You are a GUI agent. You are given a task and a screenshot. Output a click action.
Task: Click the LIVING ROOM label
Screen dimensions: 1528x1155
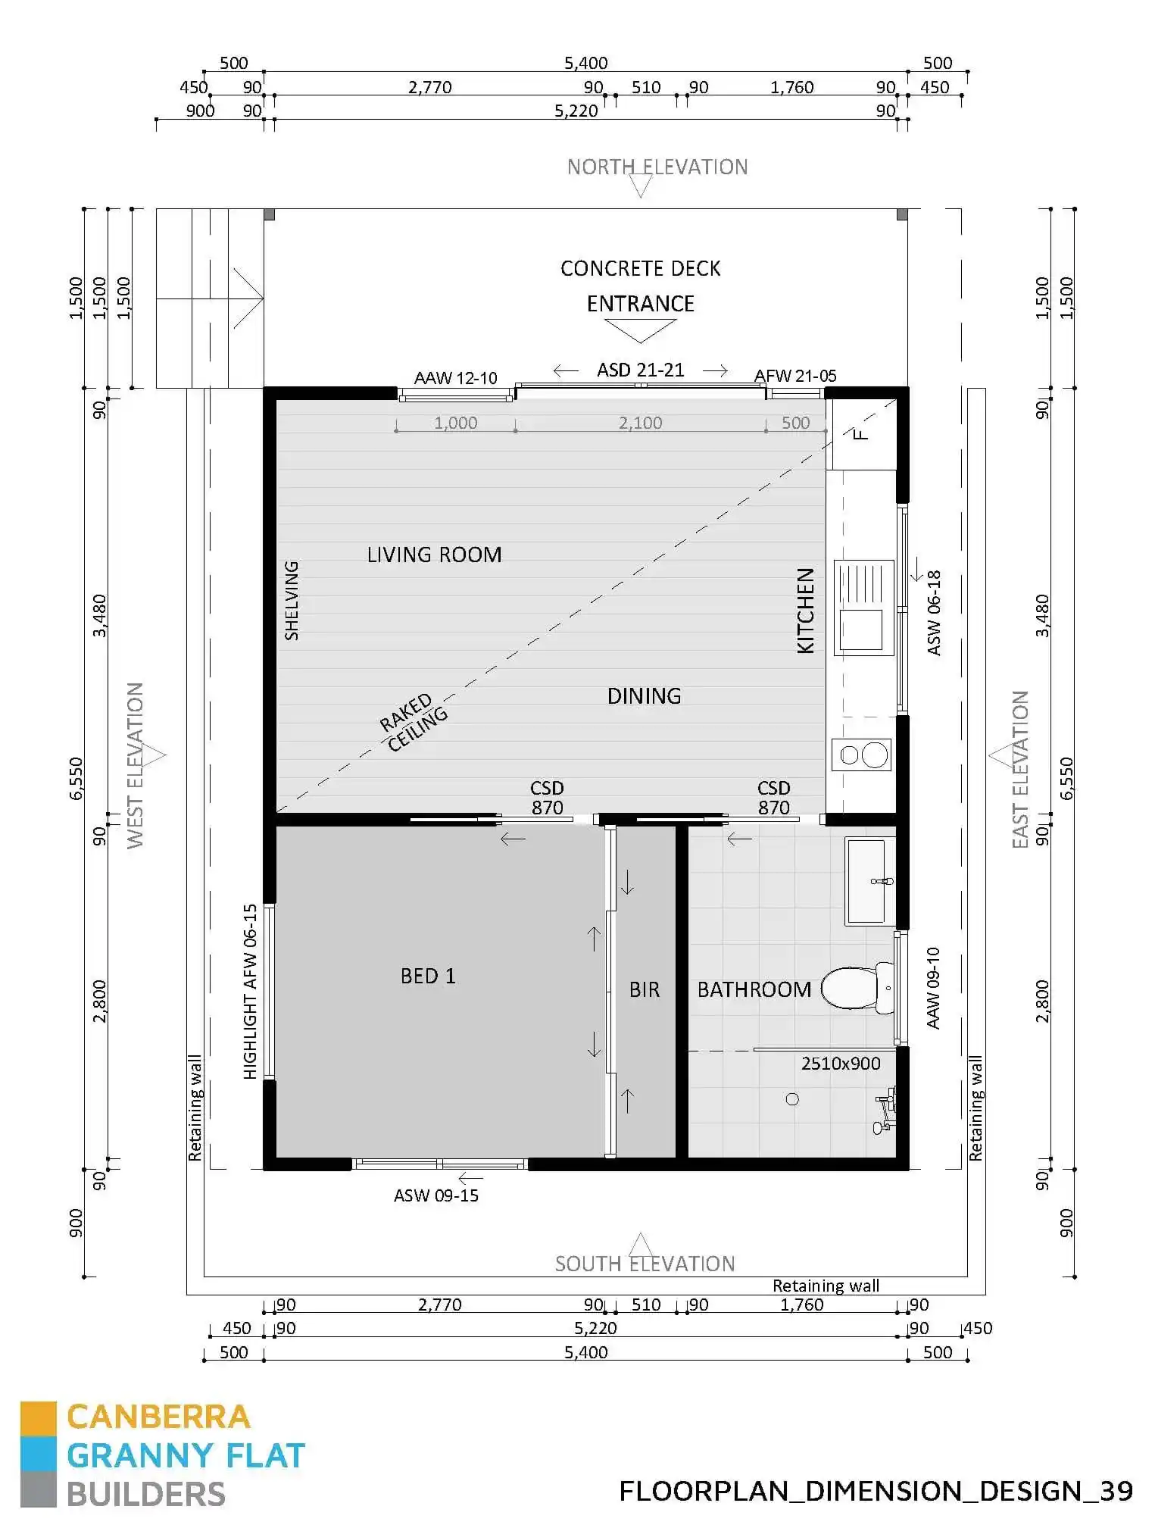434,555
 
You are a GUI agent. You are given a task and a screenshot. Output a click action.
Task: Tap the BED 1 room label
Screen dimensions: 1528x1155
428,976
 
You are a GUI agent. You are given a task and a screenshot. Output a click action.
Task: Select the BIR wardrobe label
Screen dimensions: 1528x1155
645,989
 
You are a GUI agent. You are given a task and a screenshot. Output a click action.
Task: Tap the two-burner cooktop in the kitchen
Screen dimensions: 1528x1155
863,755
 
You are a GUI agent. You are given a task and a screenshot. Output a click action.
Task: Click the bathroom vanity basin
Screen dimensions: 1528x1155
867,881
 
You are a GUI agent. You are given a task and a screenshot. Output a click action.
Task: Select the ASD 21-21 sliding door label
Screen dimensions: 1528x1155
640,370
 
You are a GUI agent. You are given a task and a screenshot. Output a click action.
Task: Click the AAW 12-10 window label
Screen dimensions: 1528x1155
455,378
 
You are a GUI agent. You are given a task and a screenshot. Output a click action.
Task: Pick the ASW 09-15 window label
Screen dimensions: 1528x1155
436,1195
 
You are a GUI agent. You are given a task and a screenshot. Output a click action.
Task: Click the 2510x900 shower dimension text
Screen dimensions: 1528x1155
841,1064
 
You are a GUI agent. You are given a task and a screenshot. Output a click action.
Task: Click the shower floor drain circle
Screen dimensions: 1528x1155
792,1099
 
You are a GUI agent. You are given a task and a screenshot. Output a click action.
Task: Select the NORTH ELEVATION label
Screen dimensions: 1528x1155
657,167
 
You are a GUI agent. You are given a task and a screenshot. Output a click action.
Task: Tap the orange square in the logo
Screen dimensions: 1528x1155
38,1418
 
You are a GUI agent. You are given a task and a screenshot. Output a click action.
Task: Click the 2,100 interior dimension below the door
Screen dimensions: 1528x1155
640,423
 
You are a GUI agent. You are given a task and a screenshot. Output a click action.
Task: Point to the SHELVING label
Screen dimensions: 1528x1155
292,601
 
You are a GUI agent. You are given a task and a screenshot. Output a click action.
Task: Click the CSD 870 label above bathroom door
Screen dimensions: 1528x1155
773,798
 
